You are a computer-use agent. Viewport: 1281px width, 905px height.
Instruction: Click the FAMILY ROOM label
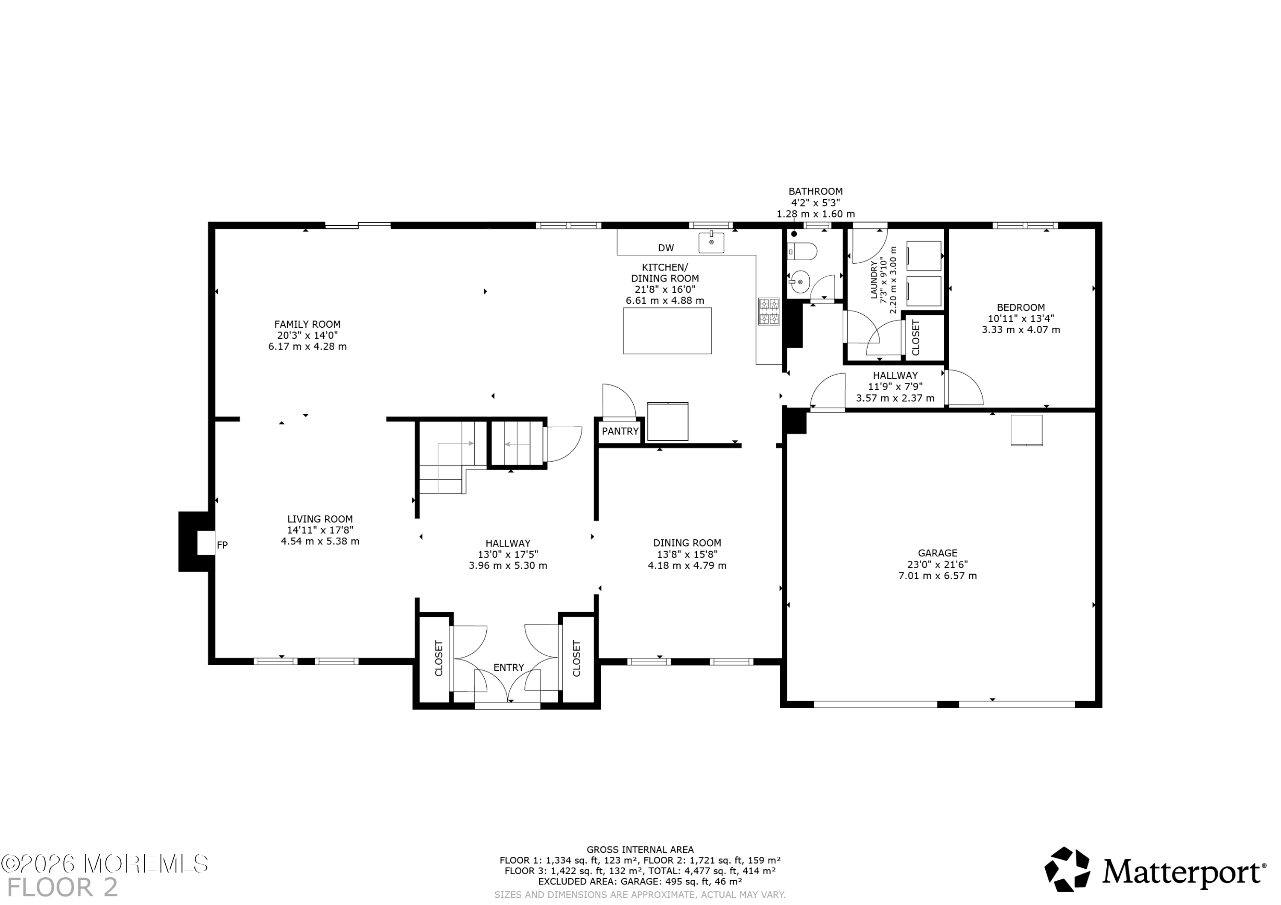[307, 324]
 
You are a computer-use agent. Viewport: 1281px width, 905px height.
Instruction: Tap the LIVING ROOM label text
[320, 518]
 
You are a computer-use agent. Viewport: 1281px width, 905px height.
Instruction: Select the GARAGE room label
[937, 553]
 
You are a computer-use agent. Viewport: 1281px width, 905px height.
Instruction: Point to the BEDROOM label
[1021, 307]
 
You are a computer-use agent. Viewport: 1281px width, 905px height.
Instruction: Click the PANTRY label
[620, 431]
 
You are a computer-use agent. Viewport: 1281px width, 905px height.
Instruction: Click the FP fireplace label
[222, 545]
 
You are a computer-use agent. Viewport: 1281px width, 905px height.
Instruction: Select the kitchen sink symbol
[711, 242]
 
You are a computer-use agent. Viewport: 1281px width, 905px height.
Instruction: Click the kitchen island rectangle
[667, 331]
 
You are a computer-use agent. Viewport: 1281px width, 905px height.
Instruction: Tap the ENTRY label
[508, 667]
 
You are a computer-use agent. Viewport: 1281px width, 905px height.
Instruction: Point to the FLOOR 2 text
[62, 887]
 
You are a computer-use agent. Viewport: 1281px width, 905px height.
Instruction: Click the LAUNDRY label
[874, 279]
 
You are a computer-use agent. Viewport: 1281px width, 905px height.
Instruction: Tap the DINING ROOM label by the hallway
[687, 543]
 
